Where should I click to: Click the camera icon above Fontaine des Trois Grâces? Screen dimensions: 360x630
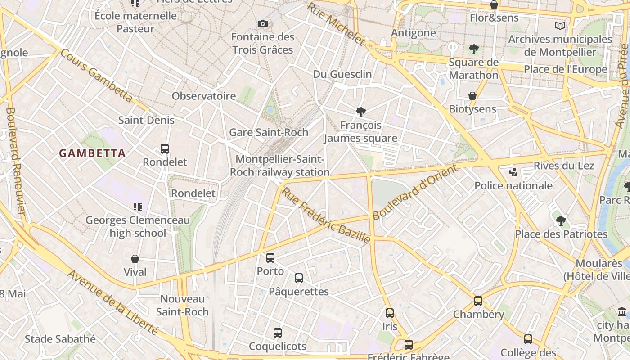click(x=263, y=23)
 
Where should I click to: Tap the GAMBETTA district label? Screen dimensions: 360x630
click(x=92, y=153)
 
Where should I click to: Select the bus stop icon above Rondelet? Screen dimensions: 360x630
click(x=165, y=149)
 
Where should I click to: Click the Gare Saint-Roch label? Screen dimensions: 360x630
click(x=269, y=132)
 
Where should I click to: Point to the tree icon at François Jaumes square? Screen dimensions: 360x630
click(x=360, y=112)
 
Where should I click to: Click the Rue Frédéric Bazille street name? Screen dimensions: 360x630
click(x=326, y=216)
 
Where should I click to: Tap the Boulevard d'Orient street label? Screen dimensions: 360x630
click(x=414, y=192)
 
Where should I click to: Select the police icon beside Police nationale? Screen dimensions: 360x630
click(x=513, y=172)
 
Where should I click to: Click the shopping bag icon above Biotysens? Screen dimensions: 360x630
click(x=472, y=96)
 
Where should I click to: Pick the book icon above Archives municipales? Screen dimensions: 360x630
click(x=560, y=26)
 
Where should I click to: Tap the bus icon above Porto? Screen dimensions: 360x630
click(x=270, y=258)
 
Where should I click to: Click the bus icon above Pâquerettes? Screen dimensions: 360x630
click(x=299, y=278)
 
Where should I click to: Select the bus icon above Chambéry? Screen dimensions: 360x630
click(x=478, y=301)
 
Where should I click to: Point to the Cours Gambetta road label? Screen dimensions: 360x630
click(x=96, y=75)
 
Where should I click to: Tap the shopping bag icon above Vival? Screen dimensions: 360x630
click(x=135, y=259)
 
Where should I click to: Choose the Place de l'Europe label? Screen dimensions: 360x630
click(x=566, y=70)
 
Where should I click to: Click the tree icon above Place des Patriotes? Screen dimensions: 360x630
click(x=561, y=221)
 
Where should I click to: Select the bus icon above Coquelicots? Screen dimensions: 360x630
click(x=278, y=333)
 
